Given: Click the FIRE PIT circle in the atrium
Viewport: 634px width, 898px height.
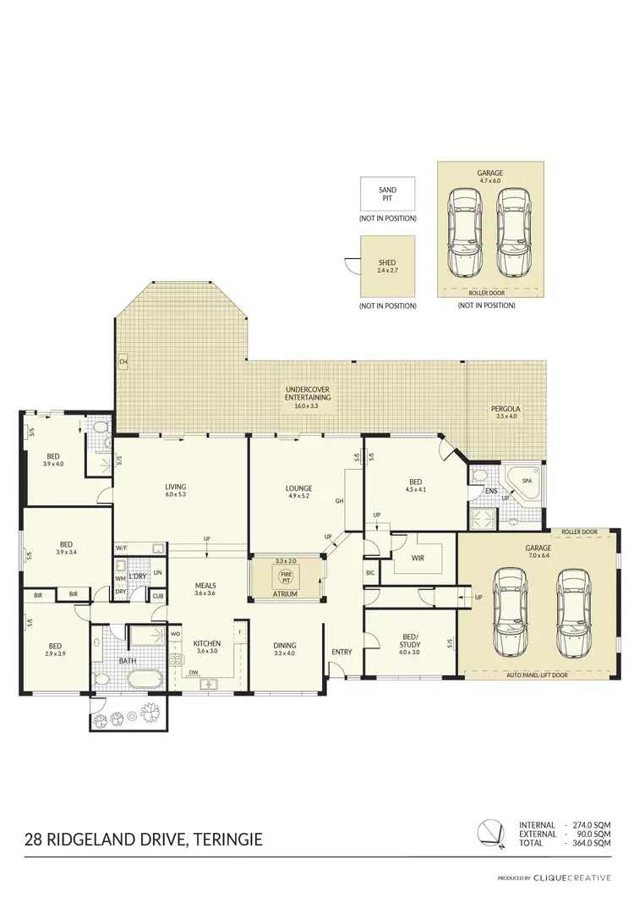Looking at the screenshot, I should (x=285, y=579).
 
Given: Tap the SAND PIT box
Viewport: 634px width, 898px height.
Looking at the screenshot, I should (x=387, y=195).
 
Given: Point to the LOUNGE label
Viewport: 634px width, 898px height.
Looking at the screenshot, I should (x=299, y=488).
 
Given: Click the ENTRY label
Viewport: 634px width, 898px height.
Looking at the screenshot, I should (x=342, y=651).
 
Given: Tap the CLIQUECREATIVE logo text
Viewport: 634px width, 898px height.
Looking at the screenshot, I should (x=580, y=879).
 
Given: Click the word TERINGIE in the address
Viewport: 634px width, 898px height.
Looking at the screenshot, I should (x=227, y=840).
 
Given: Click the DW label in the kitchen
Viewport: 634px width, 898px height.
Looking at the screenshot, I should (x=194, y=674).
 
